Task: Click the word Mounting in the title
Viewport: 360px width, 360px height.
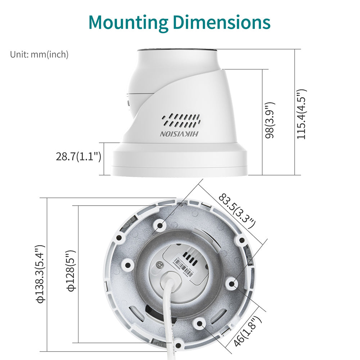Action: coord(128,22)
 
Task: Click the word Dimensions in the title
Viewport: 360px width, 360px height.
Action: coord(221,22)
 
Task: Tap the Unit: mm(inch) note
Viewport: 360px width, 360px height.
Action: coord(39,54)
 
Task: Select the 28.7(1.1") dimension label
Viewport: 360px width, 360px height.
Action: coord(78,157)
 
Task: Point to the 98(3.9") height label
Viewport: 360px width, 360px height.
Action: coord(270,120)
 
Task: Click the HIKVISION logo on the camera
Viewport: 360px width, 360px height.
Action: coord(179,134)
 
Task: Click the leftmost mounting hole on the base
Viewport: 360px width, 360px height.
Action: coord(126,265)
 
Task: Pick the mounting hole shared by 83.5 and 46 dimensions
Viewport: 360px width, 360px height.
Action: coord(232,284)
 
